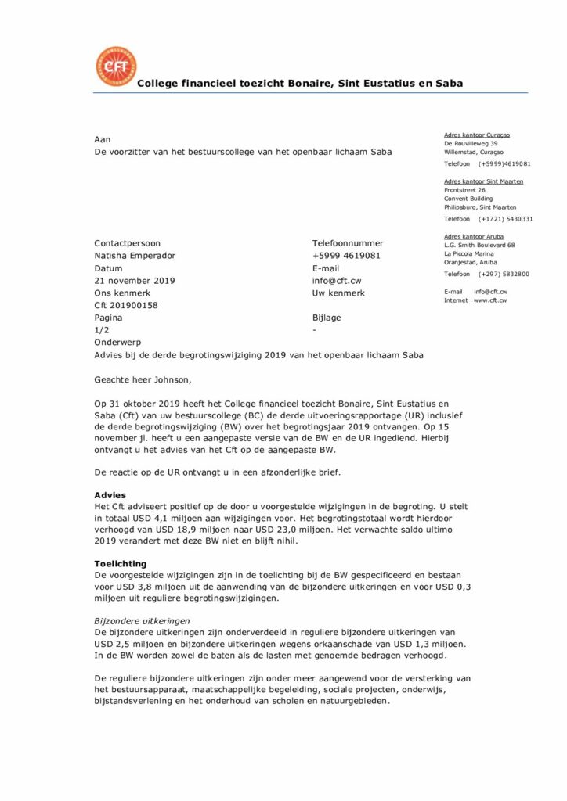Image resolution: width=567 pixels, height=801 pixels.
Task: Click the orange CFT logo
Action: pos(115,66)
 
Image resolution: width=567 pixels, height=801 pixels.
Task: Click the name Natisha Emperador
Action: pos(135,256)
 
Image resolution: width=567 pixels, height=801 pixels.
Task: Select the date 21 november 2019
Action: pos(135,281)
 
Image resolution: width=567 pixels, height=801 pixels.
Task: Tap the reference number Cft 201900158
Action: pos(126,306)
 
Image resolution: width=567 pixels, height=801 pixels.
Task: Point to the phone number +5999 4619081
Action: pos(346,256)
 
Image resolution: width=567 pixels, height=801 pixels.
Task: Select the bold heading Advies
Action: pos(110,495)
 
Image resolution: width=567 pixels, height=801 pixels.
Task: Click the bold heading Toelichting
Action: pos(120,563)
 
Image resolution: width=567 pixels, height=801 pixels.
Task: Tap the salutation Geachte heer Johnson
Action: pos(142,380)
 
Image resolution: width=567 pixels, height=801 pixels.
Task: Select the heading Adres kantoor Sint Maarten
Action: pos(484,181)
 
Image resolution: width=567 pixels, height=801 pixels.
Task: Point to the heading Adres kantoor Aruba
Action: pos(474,236)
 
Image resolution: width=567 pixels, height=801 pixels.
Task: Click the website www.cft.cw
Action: pos(490,300)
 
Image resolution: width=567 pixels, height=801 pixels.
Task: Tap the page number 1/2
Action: pos(102,331)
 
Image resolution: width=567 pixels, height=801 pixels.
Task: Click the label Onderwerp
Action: pos(115,343)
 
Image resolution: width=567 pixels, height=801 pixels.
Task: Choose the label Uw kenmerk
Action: pos(338,293)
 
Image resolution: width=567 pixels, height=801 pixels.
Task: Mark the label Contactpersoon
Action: pos(127,243)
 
